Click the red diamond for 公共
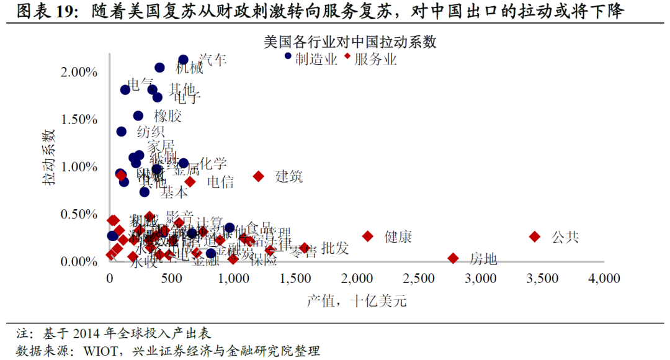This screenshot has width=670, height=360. click(x=534, y=236)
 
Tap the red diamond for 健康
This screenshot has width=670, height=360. click(x=368, y=236)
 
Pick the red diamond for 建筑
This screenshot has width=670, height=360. click(x=259, y=176)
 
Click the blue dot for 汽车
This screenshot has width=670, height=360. click(x=184, y=60)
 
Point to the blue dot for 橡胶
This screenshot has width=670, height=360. click(x=138, y=115)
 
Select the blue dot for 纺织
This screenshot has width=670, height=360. click(x=122, y=132)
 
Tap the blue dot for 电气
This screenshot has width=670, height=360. click(x=125, y=89)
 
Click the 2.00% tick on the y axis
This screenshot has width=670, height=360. click(x=79, y=72)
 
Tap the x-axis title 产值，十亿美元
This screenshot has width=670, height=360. click(x=356, y=302)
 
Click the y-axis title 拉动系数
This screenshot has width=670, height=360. click(x=48, y=158)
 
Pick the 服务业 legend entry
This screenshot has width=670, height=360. click(x=375, y=59)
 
